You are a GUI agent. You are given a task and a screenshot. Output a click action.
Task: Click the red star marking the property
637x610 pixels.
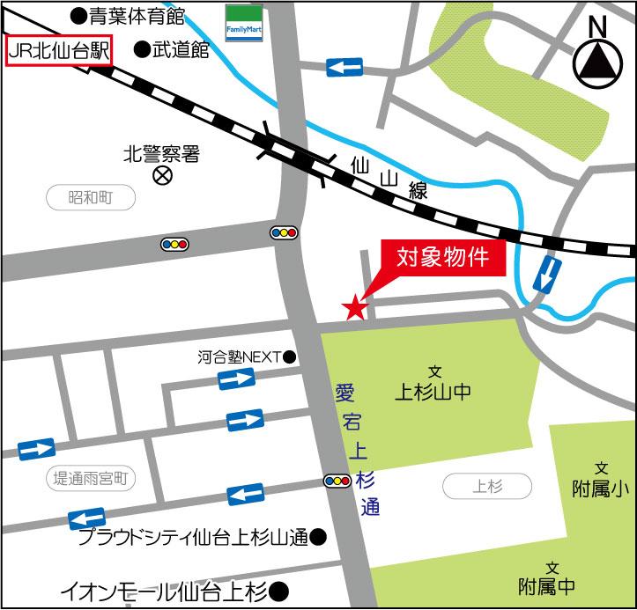[354, 306]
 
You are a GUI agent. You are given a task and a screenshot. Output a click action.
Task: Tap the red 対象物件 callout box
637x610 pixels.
[443, 258]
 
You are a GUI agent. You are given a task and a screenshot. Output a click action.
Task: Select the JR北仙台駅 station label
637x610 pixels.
[58, 51]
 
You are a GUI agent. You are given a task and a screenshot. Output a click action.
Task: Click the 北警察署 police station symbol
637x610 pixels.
[162, 175]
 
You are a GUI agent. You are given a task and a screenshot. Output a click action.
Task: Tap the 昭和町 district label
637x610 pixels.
[91, 197]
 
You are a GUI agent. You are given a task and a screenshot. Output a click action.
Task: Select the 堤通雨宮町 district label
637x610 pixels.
[91, 479]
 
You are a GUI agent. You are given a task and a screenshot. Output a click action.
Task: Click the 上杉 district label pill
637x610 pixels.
[486, 485]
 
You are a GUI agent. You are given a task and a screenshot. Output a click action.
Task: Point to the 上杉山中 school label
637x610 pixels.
[433, 393]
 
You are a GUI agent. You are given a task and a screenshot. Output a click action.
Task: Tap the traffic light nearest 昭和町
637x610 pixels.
[174, 244]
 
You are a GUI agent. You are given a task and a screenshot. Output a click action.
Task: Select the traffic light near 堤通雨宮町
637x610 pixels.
[337, 480]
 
